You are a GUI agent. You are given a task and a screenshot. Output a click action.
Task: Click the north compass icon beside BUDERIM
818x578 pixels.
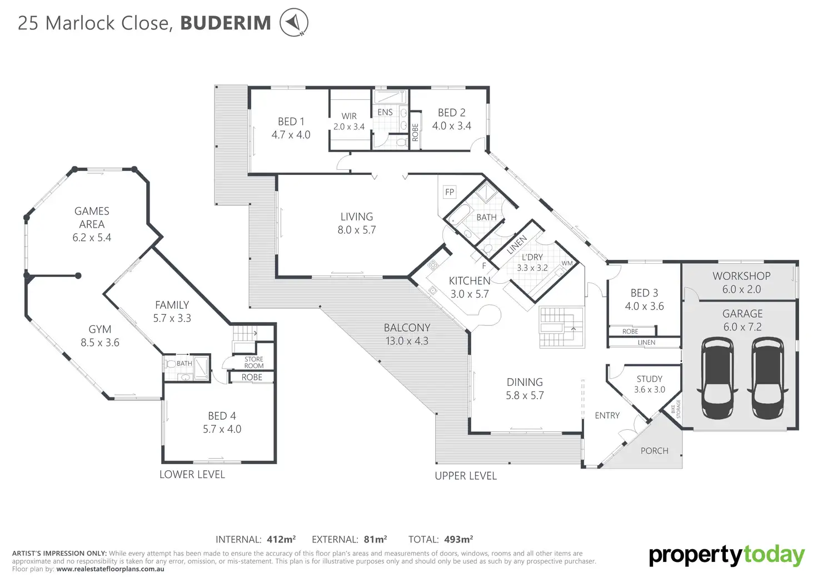point(293,23)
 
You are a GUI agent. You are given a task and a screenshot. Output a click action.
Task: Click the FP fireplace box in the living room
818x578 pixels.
point(450,192)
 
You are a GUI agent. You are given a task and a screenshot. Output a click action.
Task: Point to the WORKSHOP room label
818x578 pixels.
point(741,276)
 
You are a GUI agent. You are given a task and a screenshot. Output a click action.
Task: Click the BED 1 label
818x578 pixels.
point(291,122)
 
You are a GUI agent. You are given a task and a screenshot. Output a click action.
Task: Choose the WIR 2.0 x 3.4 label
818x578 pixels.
point(349,121)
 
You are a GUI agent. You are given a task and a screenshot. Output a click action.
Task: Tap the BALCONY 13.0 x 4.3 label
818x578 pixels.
point(407,334)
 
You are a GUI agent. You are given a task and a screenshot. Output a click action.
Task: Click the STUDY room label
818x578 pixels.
point(649,379)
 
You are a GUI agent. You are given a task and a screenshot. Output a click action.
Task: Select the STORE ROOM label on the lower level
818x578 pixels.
point(254,363)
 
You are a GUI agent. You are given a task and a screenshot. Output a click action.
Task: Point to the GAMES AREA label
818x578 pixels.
point(92,218)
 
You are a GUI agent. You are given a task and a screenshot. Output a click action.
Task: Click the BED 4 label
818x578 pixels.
point(222,416)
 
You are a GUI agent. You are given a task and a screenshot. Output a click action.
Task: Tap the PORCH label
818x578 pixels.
point(654,451)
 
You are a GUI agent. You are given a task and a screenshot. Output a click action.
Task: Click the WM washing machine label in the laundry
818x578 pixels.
point(567,263)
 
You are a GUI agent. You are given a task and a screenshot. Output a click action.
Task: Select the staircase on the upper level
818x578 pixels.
point(561,328)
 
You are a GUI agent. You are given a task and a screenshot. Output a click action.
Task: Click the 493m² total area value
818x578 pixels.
point(458,539)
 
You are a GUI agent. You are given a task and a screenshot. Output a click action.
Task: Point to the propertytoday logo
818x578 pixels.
point(726,555)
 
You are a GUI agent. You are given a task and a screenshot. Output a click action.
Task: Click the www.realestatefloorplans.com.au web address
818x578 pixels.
point(110,569)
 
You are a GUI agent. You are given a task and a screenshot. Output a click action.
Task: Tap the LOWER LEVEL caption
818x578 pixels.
point(192,474)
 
